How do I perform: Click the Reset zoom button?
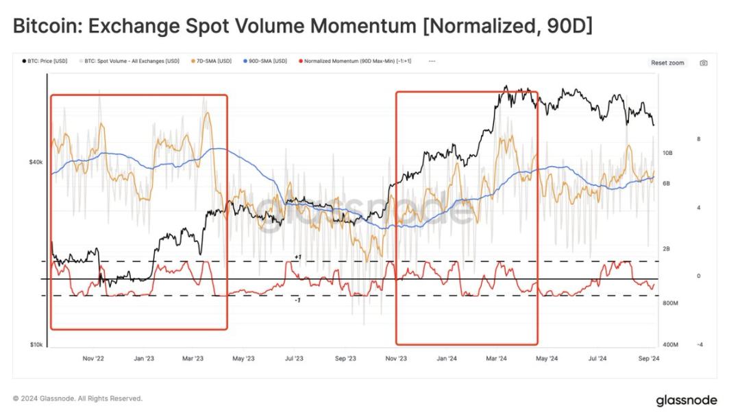click(x=667, y=62)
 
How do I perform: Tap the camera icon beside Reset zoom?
click(x=703, y=62)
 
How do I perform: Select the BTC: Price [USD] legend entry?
click(x=47, y=61)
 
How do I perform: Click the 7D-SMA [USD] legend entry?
click(x=214, y=61)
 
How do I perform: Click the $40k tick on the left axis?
click(x=36, y=162)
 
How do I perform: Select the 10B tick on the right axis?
click(x=667, y=153)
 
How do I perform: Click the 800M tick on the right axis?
click(x=670, y=303)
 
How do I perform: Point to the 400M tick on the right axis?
click(x=670, y=345)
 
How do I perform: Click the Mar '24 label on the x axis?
click(x=496, y=358)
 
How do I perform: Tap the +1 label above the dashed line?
click(x=298, y=257)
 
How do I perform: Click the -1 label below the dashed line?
click(x=298, y=300)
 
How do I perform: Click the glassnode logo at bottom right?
click(x=687, y=399)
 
